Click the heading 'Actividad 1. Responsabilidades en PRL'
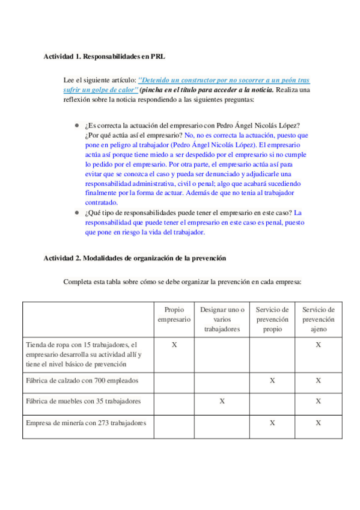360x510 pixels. pyautogui.click(x=104, y=57)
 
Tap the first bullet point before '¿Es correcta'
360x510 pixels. pyautogui.click(x=77, y=126)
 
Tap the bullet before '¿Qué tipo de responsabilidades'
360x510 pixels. pyautogui.click(x=77, y=212)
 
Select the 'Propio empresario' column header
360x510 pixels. pyautogui.click(x=174, y=315)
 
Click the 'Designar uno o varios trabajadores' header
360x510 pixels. pyautogui.click(x=222, y=319)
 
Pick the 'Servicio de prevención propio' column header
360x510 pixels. pyautogui.click(x=272, y=319)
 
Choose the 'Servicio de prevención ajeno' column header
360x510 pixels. pyautogui.click(x=318, y=319)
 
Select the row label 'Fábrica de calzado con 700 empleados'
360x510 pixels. pyautogui.click(x=82, y=380)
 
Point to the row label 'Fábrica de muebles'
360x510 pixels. pyautogui.click(x=84, y=401)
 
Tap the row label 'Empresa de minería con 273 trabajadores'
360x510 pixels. pyautogui.click(x=86, y=423)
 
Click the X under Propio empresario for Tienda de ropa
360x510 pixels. pyautogui.click(x=174, y=345)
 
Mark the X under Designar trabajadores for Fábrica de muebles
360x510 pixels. pyautogui.click(x=222, y=401)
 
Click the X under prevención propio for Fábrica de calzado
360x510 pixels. pyautogui.click(x=272, y=380)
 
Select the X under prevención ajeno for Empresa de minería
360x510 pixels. pyautogui.click(x=318, y=423)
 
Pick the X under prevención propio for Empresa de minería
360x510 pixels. pyautogui.click(x=272, y=423)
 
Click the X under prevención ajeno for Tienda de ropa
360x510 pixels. pyautogui.click(x=318, y=345)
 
